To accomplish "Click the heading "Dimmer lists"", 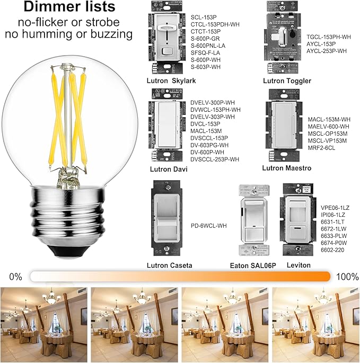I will [x=69, y=7].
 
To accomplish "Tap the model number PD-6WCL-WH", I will [x=209, y=225].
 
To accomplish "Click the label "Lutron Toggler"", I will [x=287, y=81].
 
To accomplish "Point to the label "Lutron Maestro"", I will [x=286, y=168].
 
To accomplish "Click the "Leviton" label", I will [x=298, y=265].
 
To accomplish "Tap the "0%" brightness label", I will [x=15, y=276].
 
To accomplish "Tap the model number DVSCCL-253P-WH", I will [x=214, y=159].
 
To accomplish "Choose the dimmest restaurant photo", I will [x=45, y=321].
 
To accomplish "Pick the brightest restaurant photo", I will [x=315, y=321].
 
